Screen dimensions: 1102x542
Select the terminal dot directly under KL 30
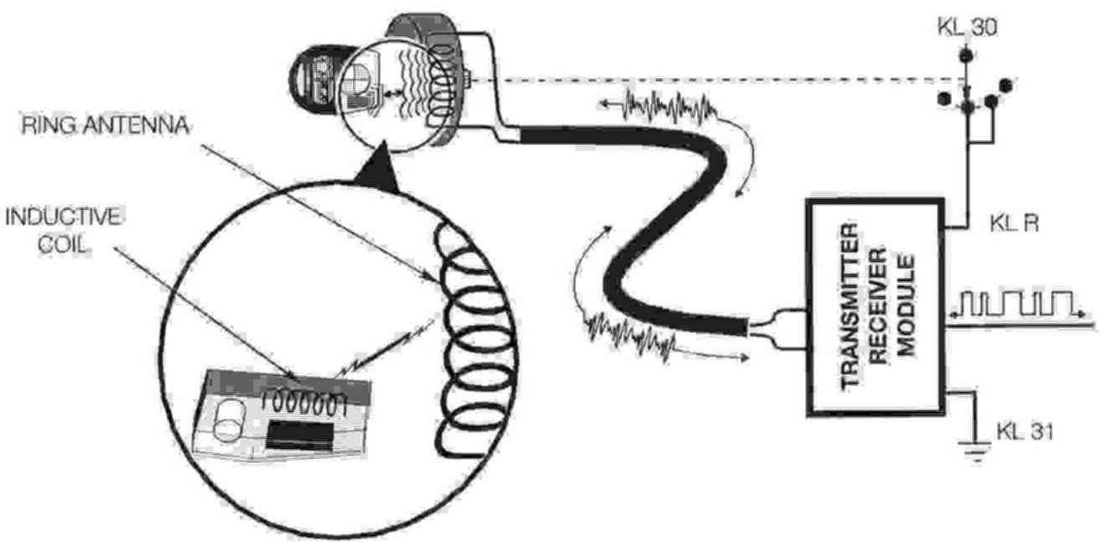point(965,55)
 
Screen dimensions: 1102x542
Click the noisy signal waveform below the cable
point(633,334)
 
